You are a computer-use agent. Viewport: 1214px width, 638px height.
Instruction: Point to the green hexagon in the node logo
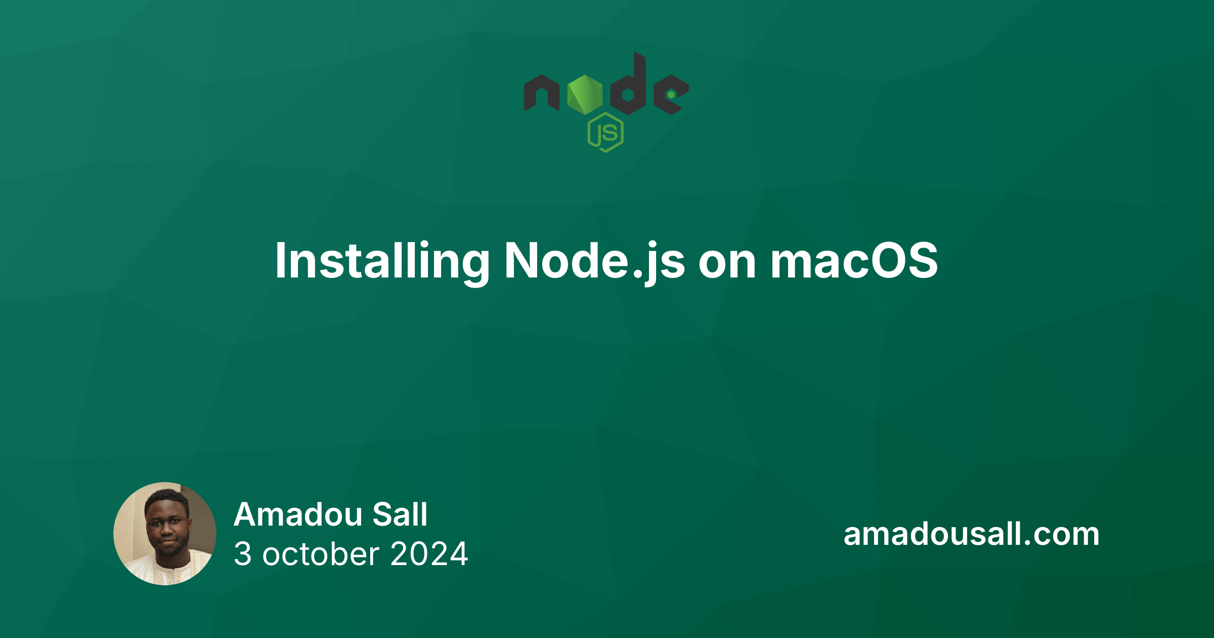pyautogui.click(x=585, y=95)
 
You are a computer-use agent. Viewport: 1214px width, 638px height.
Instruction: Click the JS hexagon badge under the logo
pyautogui.click(x=605, y=133)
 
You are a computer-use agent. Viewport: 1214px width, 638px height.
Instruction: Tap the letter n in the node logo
pyautogui.click(x=541, y=94)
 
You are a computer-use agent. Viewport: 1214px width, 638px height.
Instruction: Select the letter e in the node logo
pyautogui.click(x=670, y=95)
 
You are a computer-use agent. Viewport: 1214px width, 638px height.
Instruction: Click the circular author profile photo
pyautogui.click(x=165, y=534)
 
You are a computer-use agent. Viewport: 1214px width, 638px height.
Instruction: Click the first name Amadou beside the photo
pyautogui.click(x=298, y=515)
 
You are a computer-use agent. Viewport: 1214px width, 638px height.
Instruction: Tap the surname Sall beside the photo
pyautogui.click(x=400, y=515)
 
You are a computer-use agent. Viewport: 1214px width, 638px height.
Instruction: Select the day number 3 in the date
pyautogui.click(x=243, y=554)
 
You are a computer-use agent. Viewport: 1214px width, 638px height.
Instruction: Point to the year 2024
pyautogui.click(x=429, y=554)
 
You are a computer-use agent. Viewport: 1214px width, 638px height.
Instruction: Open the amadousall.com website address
pyautogui.click(x=971, y=534)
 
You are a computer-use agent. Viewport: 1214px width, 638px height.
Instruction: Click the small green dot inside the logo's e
pyautogui.click(x=671, y=95)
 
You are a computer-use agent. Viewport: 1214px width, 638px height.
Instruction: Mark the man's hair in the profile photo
pyautogui.click(x=167, y=497)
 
